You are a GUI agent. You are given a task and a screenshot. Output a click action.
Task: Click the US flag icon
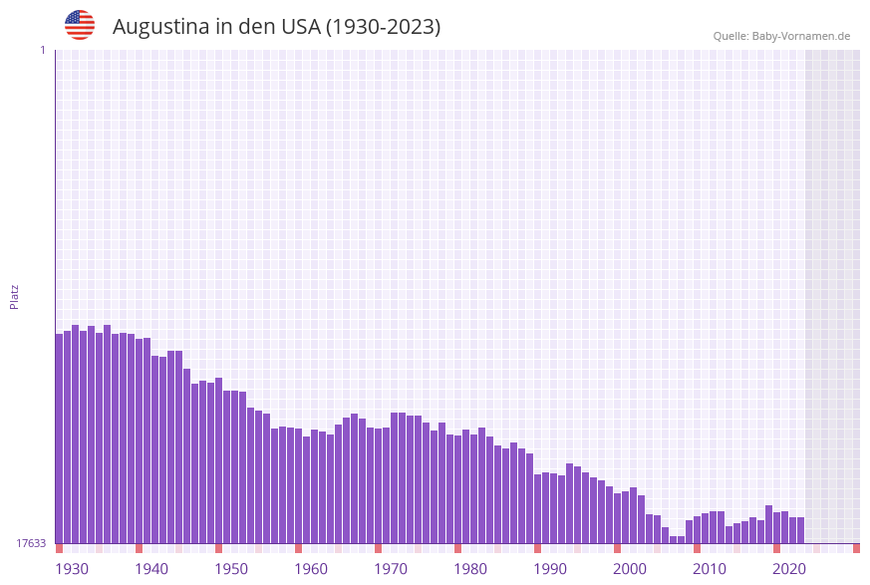[x=80, y=25]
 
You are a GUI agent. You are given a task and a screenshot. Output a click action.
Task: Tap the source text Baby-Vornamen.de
[x=800, y=36]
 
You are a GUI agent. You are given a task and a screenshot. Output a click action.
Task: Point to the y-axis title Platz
[x=15, y=296]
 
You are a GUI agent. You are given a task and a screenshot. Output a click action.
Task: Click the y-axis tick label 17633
[x=31, y=543]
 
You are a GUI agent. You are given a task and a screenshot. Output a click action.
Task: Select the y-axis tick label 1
[x=42, y=50]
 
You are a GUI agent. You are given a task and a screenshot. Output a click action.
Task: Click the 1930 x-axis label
[x=72, y=569]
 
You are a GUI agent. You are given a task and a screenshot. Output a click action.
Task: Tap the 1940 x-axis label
[x=151, y=569]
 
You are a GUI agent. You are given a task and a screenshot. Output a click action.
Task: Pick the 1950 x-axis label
[x=231, y=569]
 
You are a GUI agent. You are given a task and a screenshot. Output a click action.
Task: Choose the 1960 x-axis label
[x=311, y=569]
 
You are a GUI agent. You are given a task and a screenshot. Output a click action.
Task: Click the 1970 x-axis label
[x=391, y=569]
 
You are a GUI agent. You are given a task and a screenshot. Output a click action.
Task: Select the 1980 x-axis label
[x=470, y=569]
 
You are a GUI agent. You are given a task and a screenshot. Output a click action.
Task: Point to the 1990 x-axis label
[x=550, y=569]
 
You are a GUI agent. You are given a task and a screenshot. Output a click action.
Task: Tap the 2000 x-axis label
[x=630, y=569]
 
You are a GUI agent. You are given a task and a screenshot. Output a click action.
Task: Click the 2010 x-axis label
[x=710, y=569]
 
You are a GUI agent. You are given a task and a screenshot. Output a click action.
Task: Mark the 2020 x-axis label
[x=789, y=569]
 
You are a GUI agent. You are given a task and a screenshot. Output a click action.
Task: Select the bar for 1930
[x=60, y=439]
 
